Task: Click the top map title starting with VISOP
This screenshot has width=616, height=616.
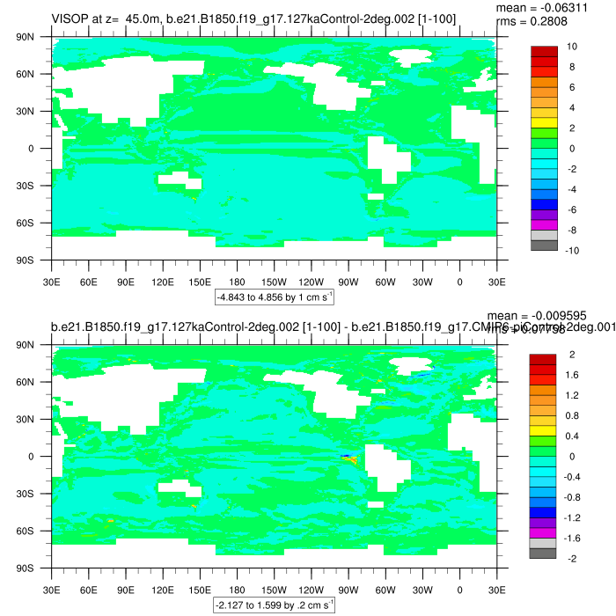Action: [x=253, y=18]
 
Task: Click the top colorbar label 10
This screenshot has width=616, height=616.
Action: [x=572, y=46]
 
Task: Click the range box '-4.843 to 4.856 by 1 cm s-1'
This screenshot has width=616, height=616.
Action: [x=274, y=297]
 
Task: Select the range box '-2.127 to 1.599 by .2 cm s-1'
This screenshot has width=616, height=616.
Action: [x=274, y=605]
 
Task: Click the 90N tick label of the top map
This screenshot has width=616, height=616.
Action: [x=36, y=37]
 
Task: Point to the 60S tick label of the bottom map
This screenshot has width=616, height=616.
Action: [x=36, y=532]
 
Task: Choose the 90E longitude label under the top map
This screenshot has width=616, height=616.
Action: [x=125, y=282]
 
